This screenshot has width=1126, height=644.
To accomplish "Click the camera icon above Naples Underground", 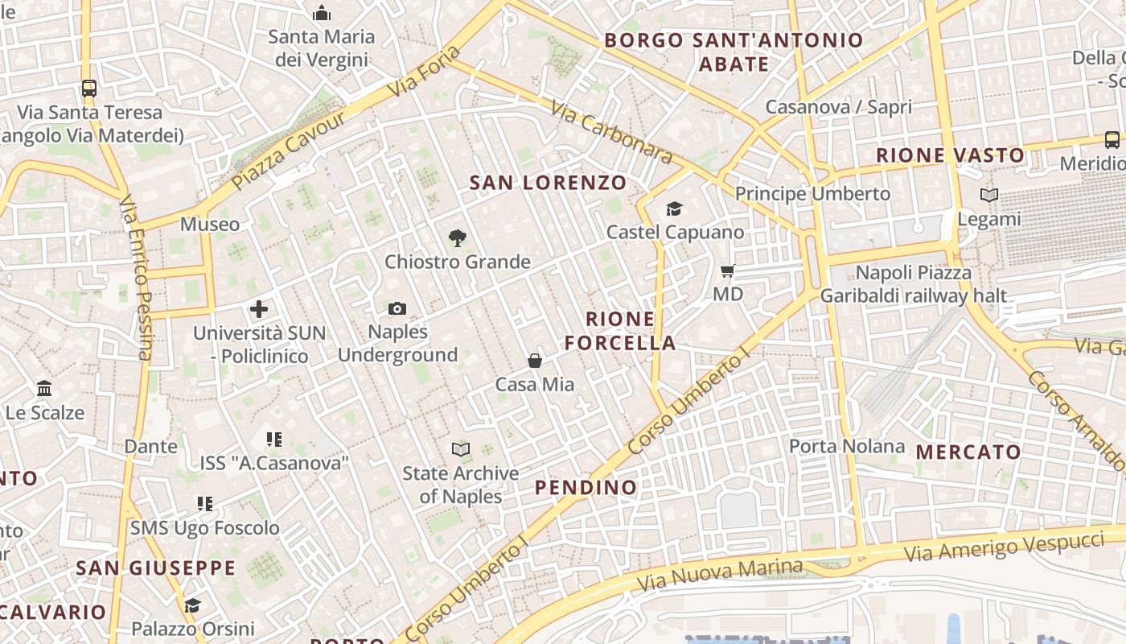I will point(397,308).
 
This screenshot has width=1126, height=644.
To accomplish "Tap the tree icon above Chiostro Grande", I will point(457,238).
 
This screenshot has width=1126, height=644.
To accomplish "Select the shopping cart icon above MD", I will point(728,271).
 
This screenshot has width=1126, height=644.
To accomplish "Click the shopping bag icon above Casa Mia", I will point(535,361).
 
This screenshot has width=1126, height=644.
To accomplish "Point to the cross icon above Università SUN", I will point(259,309).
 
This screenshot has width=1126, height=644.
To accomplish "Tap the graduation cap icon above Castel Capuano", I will point(674,209).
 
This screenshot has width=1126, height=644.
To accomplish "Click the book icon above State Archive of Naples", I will point(461,449).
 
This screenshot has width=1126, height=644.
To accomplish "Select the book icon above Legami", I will point(989,195).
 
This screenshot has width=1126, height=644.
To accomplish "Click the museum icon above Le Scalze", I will point(44,390).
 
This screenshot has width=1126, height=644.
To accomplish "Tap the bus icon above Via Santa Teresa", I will point(89,89).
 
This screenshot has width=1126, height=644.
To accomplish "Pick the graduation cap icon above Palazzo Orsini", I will point(192,605).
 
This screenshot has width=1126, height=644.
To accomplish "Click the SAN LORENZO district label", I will point(548,183).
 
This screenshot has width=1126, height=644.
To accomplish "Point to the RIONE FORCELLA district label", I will point(620,330).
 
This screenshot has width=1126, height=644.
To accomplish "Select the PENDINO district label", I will point(586,487).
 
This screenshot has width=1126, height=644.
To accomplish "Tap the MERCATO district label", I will point(968,452).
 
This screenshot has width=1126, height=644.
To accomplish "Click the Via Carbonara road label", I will point(611,131).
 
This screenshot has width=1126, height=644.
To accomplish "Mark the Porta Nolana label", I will point(847,446).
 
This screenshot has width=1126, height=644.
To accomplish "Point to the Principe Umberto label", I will point(813,194).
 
